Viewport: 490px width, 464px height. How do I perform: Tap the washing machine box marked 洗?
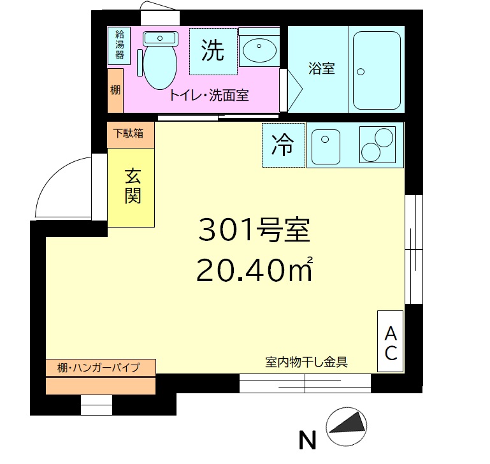click(213, 52)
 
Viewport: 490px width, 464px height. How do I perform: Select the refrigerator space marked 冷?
click(284, 145)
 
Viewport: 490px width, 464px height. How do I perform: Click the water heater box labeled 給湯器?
click(119, 46)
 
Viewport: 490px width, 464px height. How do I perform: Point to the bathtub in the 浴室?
click(377, 70)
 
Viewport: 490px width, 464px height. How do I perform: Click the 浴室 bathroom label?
click(322, 68)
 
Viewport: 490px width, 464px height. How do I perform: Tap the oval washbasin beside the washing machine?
click(259, 50)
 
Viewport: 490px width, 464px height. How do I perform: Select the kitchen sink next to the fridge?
click(326, 147)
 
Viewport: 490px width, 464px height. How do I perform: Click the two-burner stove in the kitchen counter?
click(377, 145)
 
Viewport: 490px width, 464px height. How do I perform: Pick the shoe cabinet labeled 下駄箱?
click(131, 134)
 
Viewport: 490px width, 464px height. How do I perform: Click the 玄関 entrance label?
click(133, 186)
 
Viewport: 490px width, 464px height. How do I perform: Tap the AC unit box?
click(391, 341)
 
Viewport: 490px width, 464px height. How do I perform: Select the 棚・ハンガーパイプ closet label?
click(98, 367)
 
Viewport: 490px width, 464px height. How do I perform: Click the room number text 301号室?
click(254, 230)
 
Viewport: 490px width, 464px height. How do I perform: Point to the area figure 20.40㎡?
click(254, 270)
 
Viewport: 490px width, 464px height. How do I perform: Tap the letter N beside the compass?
click(308, 440)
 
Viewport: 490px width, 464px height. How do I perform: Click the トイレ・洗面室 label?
click(209, 96)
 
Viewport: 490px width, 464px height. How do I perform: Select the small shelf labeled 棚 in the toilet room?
click(115, 91)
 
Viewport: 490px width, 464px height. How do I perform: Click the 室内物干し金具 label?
click(306, 362)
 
